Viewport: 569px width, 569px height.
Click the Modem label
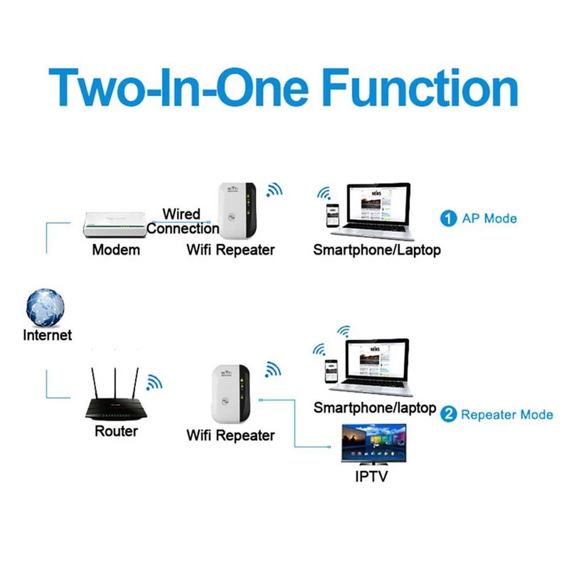116,250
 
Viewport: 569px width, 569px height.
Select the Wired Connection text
183,221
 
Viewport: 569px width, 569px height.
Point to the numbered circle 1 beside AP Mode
448,218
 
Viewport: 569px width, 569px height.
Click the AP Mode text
489,218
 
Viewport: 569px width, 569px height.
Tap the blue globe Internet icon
46,307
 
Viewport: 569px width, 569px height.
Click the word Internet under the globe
48,335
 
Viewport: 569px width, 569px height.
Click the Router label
116,431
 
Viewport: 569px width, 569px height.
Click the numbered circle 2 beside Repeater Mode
448,414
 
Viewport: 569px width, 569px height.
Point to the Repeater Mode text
506,414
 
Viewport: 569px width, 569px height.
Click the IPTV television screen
373,445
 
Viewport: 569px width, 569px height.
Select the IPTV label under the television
372,477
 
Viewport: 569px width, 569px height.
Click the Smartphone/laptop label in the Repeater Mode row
375,408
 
